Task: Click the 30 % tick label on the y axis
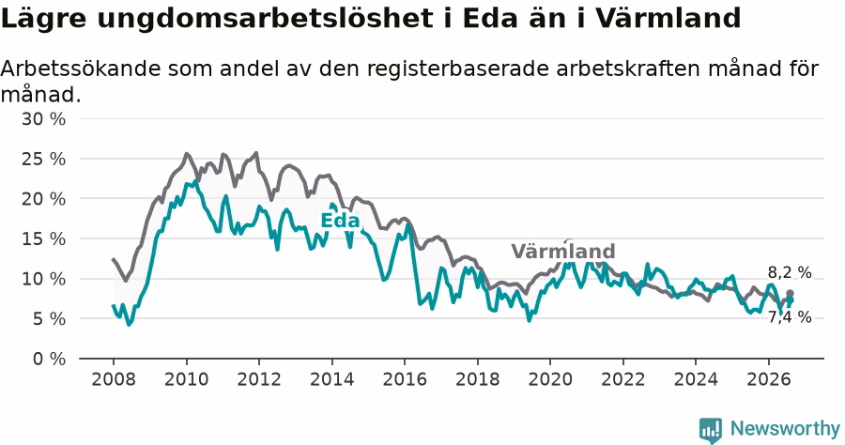43,119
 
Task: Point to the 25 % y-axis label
43,160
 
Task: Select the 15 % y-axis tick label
43,239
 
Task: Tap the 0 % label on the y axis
49,359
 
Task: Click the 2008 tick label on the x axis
114,379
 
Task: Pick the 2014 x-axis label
332,379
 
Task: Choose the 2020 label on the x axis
550,379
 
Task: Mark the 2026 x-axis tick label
768,379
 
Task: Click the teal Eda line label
340,221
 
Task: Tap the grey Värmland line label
563,252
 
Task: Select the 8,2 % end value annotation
790,272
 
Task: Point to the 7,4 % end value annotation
790,317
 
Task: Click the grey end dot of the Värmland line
790,294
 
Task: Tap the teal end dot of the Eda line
790,300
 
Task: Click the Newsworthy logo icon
711,430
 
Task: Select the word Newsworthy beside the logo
785,428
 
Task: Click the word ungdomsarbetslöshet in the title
265,19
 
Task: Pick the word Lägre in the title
43,19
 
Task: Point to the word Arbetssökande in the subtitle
81,69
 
